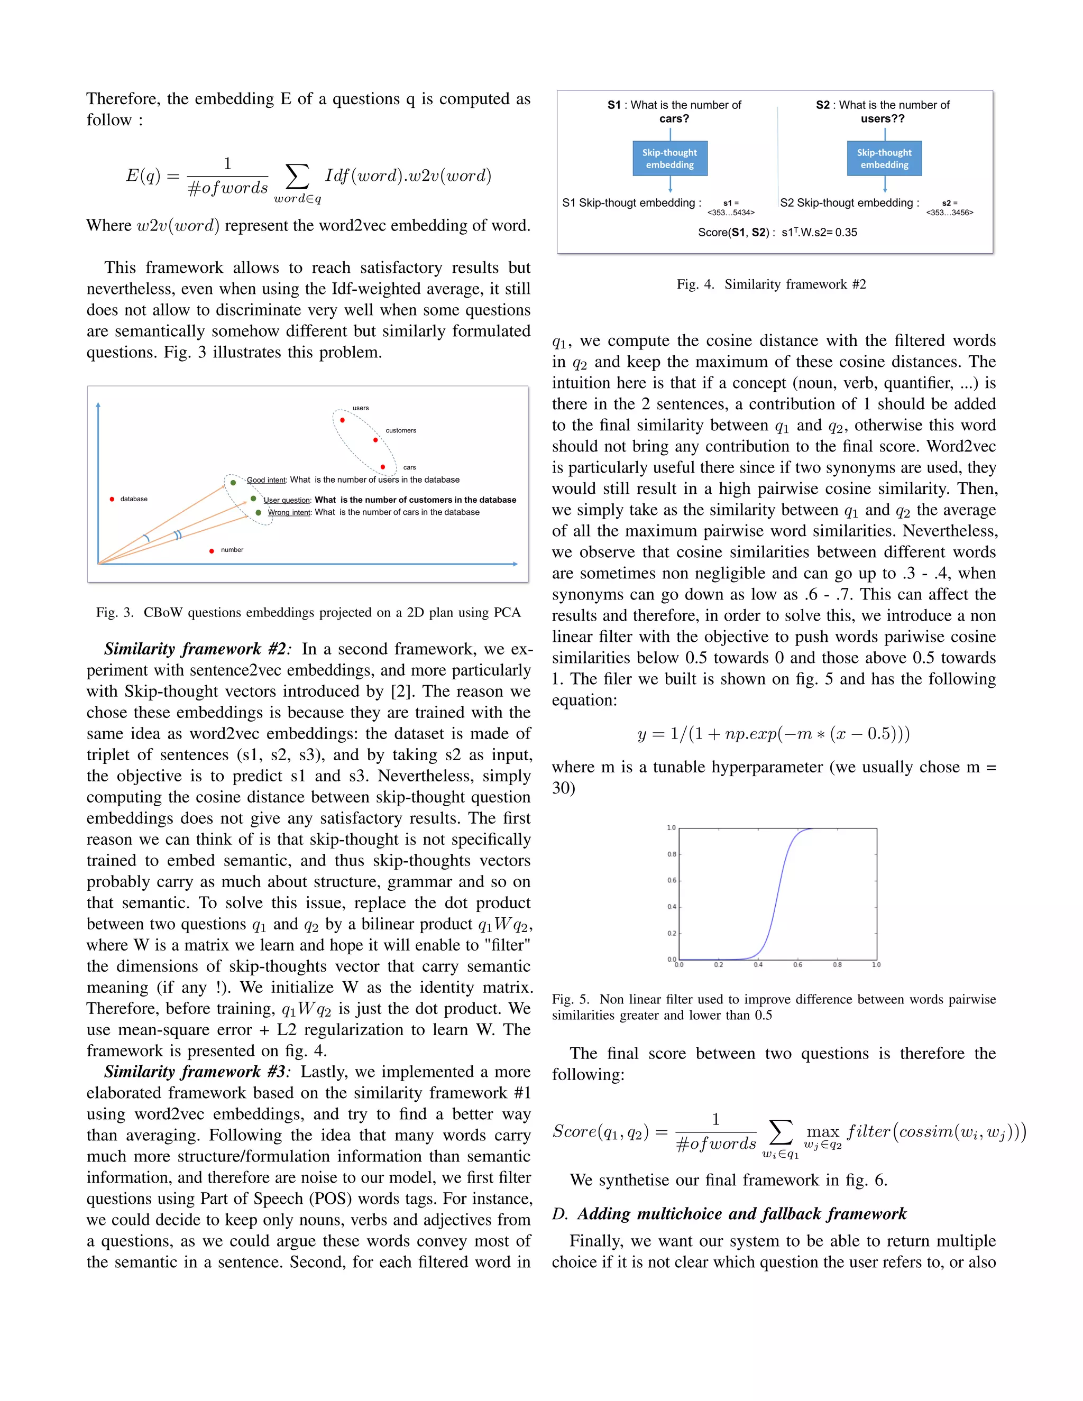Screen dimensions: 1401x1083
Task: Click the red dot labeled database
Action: pos(112,499)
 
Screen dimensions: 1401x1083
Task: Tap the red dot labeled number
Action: pos(212,550)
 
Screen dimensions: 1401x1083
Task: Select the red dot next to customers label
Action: pos(375,440)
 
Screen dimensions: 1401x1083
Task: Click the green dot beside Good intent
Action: pos(234,482)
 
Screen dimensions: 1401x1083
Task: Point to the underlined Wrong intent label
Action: pos(289,512)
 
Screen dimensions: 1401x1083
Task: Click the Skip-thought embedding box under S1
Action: pos(670,159)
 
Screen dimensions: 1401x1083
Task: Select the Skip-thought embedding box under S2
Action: pos(884,159)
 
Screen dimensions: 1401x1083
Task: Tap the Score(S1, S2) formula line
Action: pos(777,232)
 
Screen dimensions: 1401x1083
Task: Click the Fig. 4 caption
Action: pos(771,284)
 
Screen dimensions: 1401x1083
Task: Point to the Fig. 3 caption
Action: pos(308,613)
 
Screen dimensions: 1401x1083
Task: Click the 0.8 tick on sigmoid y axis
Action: pos(671,854)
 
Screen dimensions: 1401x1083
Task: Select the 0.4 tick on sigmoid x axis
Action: pos(758,965)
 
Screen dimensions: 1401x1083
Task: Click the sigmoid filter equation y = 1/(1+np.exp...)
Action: pos(774,733)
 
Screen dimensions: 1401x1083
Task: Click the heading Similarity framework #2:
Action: pos(198,649)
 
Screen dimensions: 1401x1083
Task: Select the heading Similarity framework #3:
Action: pos(198,1072)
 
